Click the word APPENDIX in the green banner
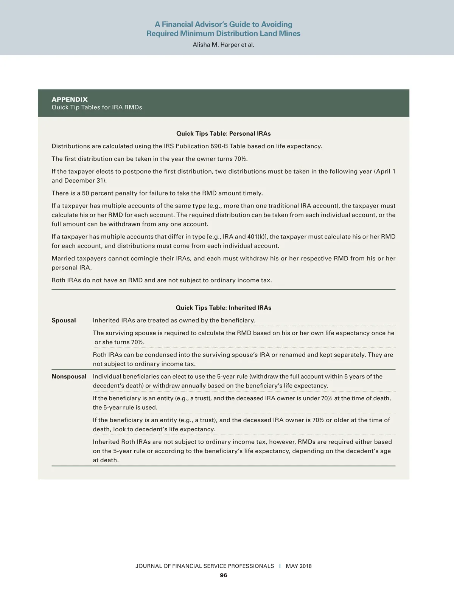tap(70, 99)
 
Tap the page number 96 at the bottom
tap(224, 575)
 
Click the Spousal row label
tap(64, 321)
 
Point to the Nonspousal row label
tap(69, 376)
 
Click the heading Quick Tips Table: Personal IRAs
tap(223, 133)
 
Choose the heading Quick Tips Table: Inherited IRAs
tap(223, 308)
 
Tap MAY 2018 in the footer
tap(299, 566)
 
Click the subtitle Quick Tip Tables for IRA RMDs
tap(97, 107)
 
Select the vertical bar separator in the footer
tap(280, 566)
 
